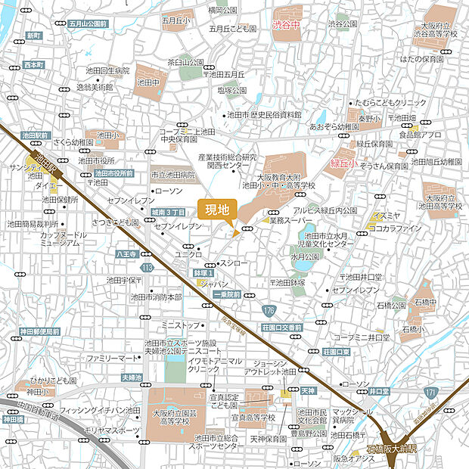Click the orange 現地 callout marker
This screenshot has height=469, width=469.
click(217, 210)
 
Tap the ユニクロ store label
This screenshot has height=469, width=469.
click(188, 254)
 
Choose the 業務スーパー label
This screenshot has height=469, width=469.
click(290, 220)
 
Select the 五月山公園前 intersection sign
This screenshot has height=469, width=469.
click(88, 24)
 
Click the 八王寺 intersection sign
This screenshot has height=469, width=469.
click(124, 255)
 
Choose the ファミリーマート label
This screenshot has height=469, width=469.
click(112, 357)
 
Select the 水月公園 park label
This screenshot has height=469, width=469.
click(305, 256)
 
